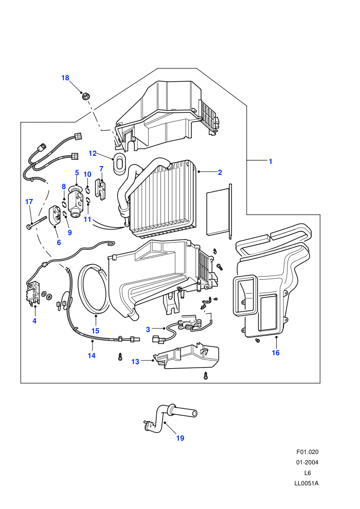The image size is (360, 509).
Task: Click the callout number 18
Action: [x=65, y=78]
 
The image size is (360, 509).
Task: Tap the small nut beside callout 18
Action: [x=86, y=96]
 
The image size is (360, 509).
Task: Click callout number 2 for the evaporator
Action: [x=220, y=172]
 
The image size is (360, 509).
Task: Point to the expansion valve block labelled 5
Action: [x=76, y=202]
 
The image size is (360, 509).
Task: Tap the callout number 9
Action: [x=69, y=233]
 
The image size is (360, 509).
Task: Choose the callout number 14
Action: [x=92, y=355]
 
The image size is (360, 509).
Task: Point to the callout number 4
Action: [x=34, y=321]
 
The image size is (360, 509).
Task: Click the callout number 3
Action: [x=148, y=330]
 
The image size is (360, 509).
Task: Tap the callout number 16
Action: [x=276, y=353]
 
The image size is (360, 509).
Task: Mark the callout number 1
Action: [x=271, y=161]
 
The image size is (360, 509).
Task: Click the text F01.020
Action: [x=308, y=452]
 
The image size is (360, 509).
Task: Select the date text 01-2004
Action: [x=307, y=462]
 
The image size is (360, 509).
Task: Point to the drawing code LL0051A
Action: [x=307, y=483]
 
